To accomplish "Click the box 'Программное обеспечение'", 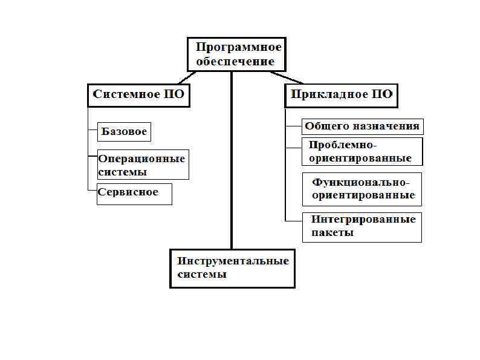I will click(x=235, y=54).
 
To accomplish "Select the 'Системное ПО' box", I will click(x=138, y=95).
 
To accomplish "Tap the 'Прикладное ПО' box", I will click(x=342, y=95).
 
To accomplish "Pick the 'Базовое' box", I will click(x=124, y=131).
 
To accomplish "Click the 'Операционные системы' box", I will click(x=143, y=165).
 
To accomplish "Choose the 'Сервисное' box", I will click(x=134, y=194).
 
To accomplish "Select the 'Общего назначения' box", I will click(x=362, y=126).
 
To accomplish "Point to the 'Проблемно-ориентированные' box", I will click(x=362, y=152).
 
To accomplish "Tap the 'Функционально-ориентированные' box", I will click(x=362, y=189).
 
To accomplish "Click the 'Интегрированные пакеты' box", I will click(x=362, y=226).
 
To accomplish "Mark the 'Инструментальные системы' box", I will click(x=232, y=268).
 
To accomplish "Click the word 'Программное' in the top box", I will click(x=239, y=47).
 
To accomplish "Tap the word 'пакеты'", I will click(x=332, y=232).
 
